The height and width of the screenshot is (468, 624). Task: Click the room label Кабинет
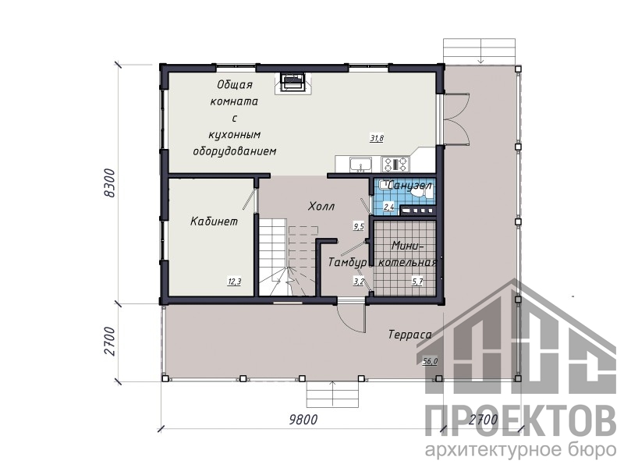(214, 222)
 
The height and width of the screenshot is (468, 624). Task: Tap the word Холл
(321, 206)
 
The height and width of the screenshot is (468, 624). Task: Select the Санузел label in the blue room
(409, 186)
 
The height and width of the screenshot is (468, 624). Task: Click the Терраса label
(410, 335)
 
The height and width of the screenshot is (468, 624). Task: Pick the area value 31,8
(377, 139)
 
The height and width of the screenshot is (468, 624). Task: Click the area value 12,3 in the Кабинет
(235, 282)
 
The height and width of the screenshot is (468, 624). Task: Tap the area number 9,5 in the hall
(359, 226)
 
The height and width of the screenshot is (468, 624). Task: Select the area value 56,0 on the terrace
(430, 361)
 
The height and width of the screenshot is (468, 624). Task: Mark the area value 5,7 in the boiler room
(417, 282)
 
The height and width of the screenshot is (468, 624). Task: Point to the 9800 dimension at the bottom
(303, 420)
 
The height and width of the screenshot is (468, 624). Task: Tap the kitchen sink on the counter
(360, 164)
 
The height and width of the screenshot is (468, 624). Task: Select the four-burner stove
(395, 164)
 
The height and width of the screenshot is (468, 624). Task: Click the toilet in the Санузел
(422, 193)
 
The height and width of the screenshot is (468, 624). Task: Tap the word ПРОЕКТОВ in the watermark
(521, 421)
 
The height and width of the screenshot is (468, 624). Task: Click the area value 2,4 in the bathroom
(388, 207)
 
